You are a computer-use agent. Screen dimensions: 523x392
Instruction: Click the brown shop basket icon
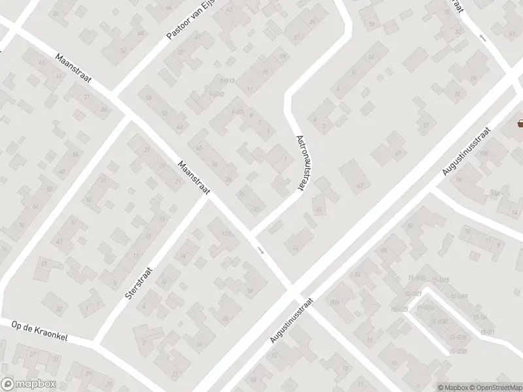point(520,123)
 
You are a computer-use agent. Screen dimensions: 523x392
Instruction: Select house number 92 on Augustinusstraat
point(411,226)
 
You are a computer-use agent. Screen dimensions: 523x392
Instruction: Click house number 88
point(384,250)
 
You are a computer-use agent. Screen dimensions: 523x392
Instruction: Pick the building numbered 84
point(358,274)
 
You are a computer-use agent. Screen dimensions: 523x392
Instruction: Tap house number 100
point(484,154)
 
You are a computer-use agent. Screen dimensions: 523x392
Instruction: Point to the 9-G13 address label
point(228,81)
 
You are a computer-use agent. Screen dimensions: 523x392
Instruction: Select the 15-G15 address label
point(443,280)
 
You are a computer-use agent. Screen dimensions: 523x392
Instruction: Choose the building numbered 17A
point(227,233)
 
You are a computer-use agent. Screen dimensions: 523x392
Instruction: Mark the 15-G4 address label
point(481,317)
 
